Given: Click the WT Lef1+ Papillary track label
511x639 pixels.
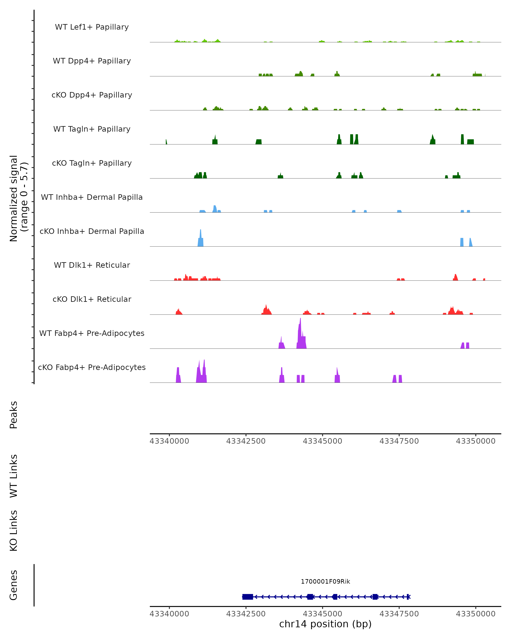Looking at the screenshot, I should [x=92, y=27].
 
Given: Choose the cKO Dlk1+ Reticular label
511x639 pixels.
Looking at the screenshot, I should [x=92, y=299].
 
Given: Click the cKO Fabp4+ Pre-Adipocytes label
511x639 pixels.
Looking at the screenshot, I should [x=92, y=367].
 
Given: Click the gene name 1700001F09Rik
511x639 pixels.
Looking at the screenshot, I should [x=325, y=581].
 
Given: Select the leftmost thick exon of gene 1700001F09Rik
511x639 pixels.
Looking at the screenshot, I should [x=248, y=597].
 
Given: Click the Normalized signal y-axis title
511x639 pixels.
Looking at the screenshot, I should [x=18, y=198].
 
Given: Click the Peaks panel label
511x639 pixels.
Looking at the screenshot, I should [x=14, y=415].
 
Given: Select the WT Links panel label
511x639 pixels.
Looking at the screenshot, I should [x=14, y=476].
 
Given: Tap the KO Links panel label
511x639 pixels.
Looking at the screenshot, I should [x=14, y=531].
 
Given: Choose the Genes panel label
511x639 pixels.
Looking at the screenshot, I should [x=14, y=585].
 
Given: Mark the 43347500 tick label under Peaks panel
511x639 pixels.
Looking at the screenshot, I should [x=399, y=441].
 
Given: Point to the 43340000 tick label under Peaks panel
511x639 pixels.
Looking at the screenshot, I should [x=169, y=441].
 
